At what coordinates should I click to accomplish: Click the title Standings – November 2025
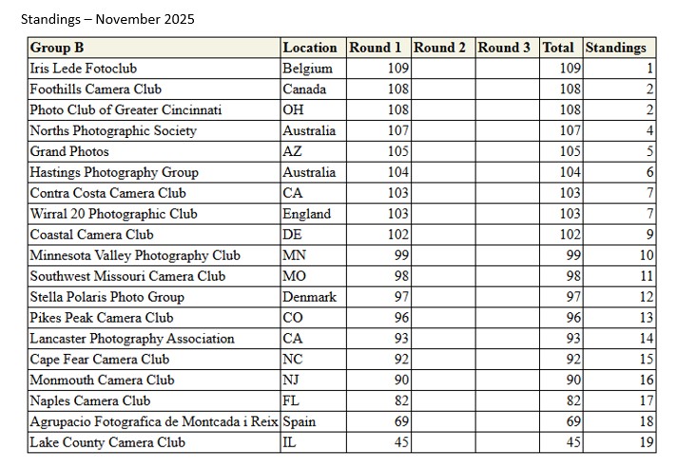pos(107,19)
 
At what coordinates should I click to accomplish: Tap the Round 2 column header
pos(439,48)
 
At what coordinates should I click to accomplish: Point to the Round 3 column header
pos(504,48)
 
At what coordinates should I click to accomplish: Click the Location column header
pos(310,48)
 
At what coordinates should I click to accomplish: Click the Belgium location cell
pos(308,69)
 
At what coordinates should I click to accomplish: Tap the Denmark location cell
pos(310,297)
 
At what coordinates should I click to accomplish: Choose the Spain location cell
pos(300,421)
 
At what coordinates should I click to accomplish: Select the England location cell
pos(307,214)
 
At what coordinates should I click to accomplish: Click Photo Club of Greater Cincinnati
pos(126,110)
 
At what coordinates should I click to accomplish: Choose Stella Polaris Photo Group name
pos(106,297)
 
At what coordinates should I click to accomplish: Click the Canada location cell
pos(304,89)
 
